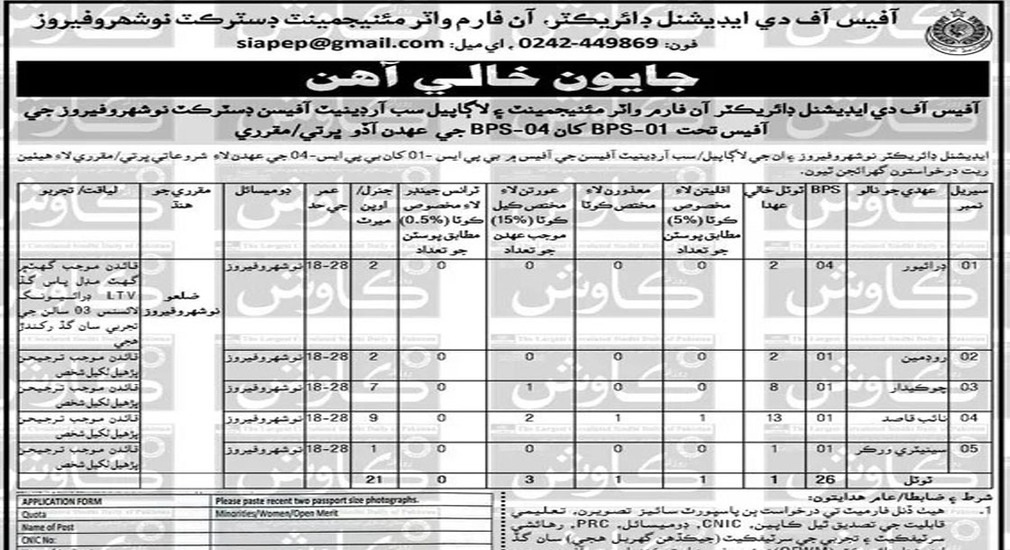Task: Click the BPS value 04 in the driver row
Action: pos(820,268)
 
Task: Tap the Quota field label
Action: pos(34,513)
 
